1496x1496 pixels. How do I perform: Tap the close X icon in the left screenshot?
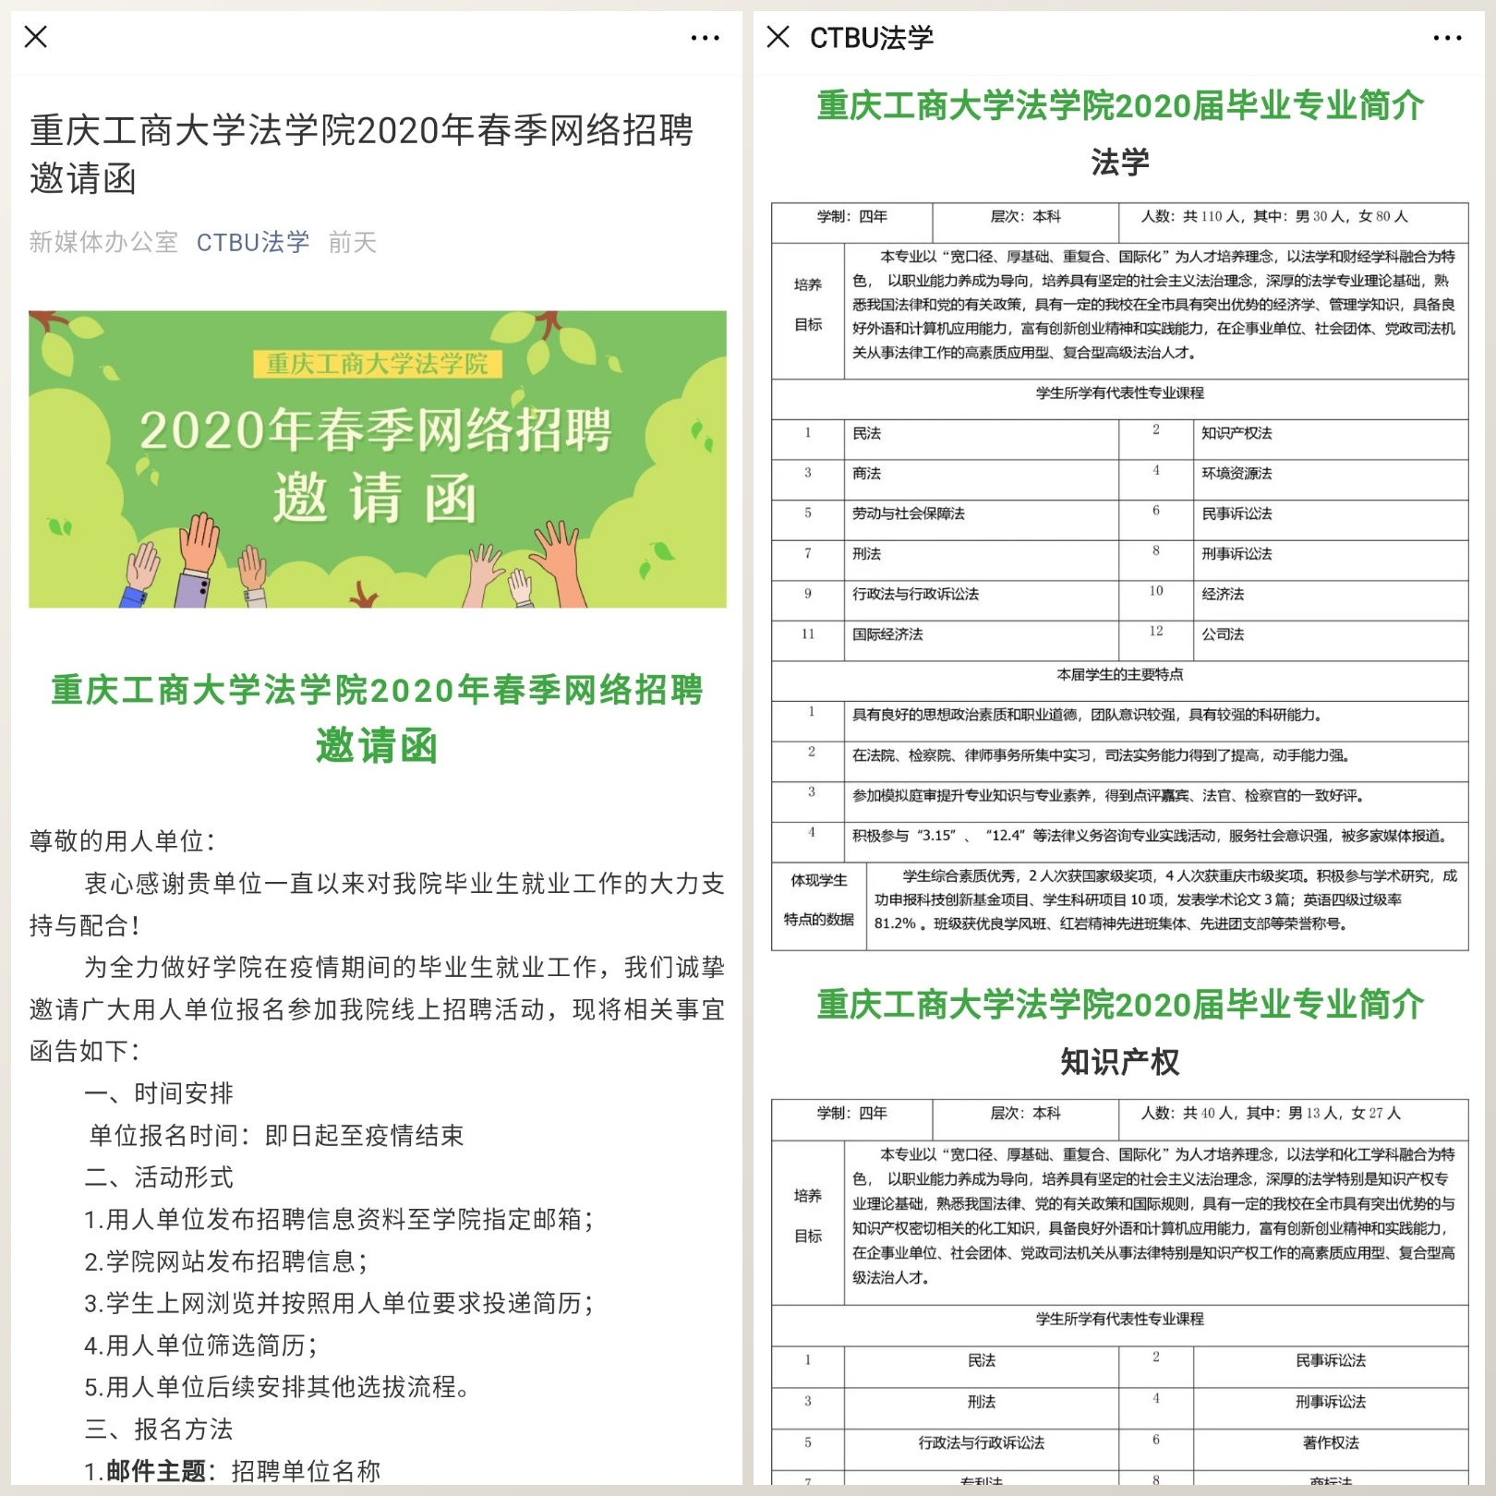36,37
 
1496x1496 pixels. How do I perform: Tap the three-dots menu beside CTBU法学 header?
1447,38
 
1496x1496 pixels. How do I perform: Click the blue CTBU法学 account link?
252,242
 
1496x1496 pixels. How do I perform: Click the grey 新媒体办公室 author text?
103,242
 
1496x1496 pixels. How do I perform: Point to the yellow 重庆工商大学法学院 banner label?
377,364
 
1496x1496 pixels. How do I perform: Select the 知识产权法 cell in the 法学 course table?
1237,433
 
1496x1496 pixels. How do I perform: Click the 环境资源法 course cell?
1237,474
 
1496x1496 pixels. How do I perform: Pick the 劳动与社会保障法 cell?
908,513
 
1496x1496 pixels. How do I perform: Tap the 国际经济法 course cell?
887,634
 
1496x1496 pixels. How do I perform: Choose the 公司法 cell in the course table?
1223,634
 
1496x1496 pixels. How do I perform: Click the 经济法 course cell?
1223,594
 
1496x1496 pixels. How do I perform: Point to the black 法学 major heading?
1119,163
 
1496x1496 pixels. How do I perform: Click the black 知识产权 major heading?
1119,1062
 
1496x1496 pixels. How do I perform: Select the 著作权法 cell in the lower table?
1330,1442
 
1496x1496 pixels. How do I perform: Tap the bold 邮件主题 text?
155,1471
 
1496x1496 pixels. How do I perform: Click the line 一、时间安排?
159,1093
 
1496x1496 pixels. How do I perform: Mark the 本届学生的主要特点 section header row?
1119,675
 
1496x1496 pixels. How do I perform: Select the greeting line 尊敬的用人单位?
122,841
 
